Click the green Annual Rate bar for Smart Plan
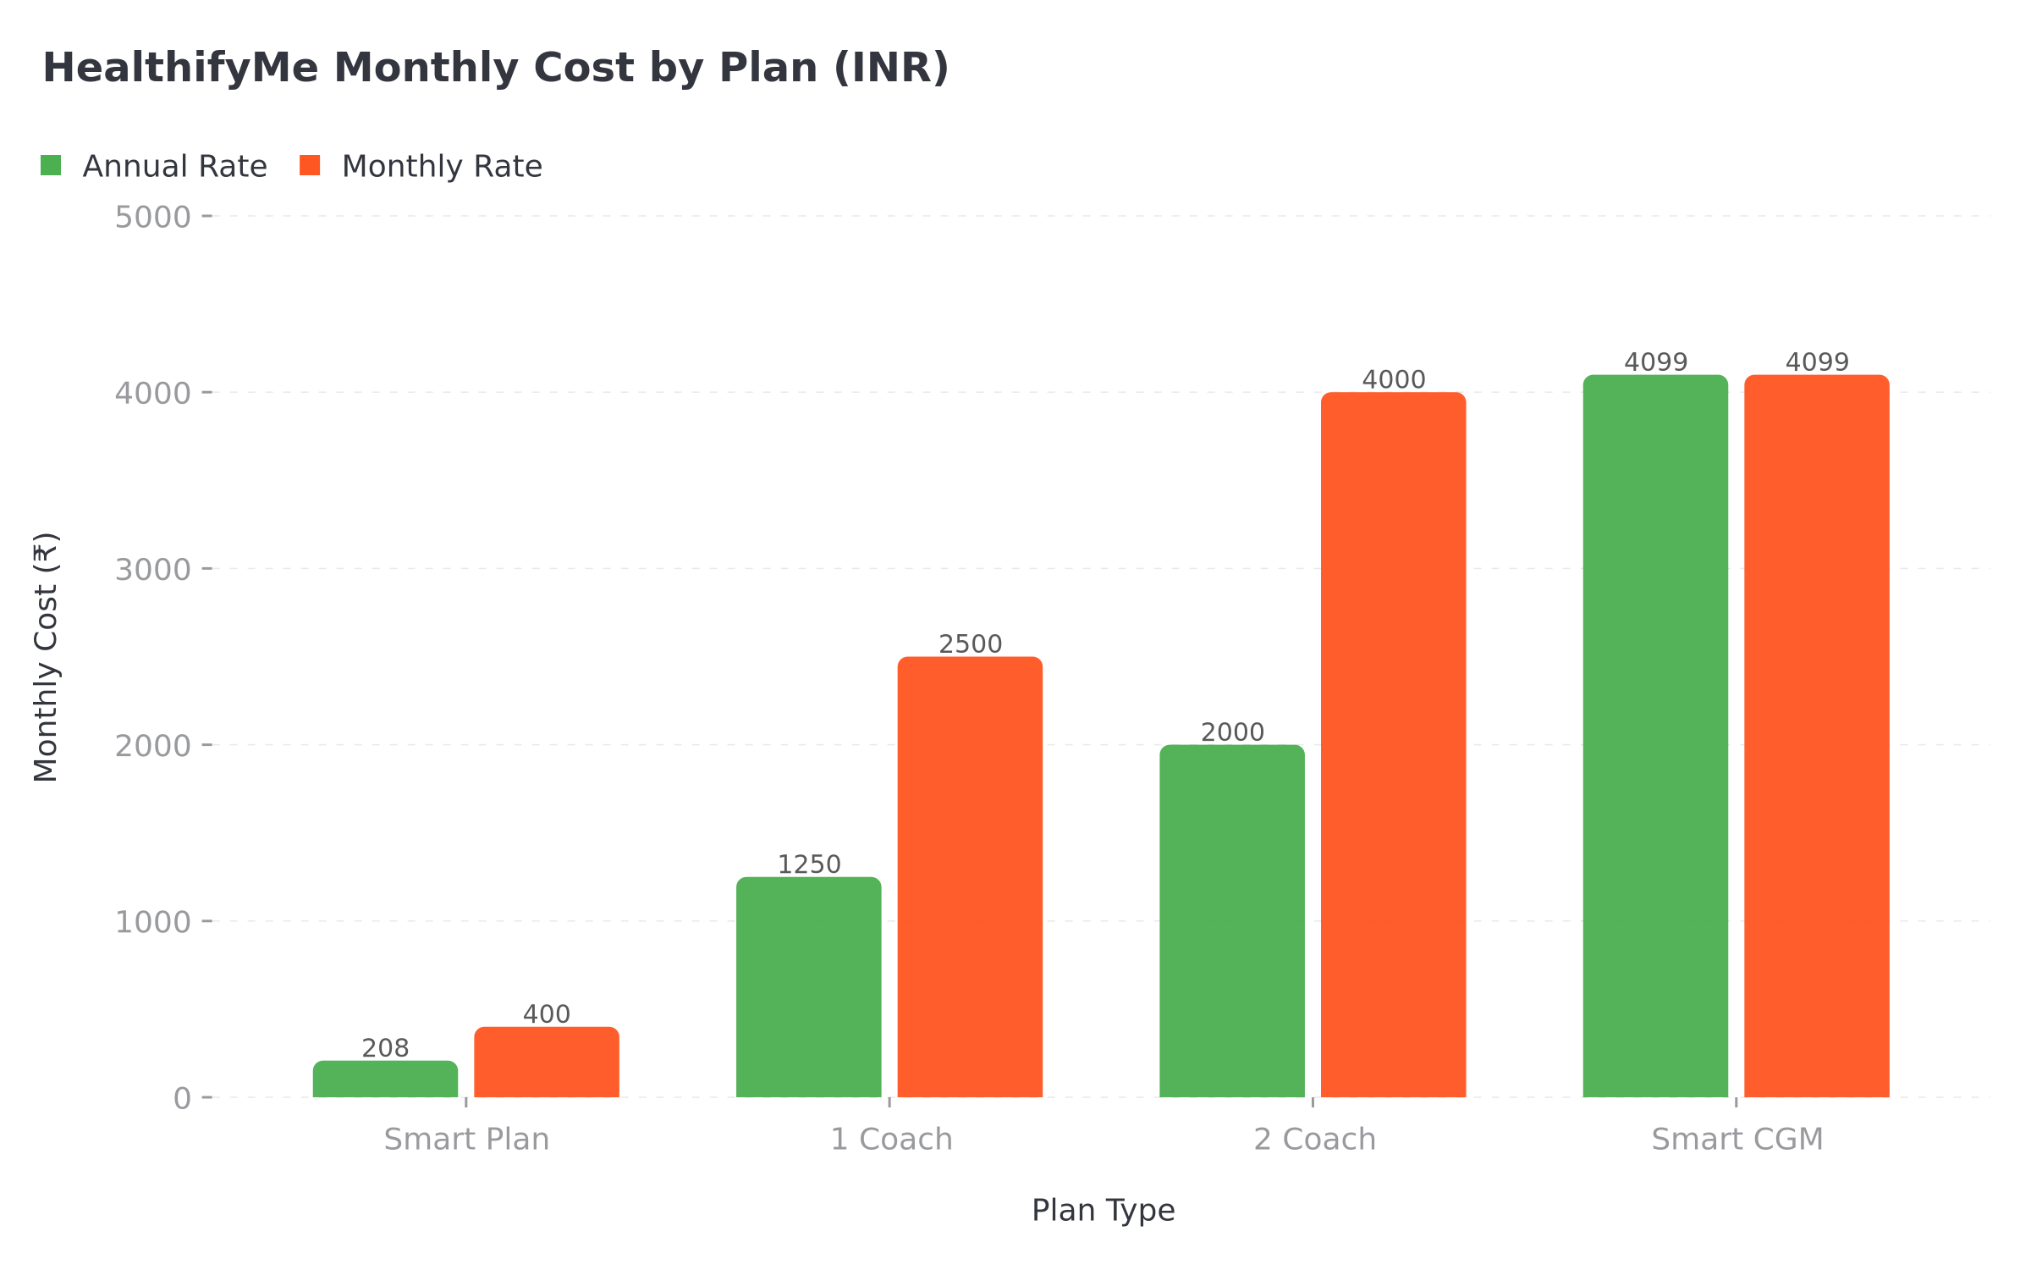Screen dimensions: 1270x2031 pyautogui.click(x=385, y=1079)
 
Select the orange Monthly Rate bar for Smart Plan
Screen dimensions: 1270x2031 pyautogui.click(x=547, y=1063)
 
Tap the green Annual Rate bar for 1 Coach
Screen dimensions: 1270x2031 pyautogui.click(x=808, y=987)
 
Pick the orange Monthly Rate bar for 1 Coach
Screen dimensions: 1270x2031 pyautogui.click(x=970, y=877)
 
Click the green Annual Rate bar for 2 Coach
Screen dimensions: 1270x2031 pyautogui.click(x=1232, y=921)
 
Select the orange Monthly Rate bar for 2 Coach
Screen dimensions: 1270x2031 pyautogui.click(x=1393, y=745)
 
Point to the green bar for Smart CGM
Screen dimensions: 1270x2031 pyautogui.click(x=1655, y=737)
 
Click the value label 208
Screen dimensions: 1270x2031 pyautogui.click(x=385, y=1048)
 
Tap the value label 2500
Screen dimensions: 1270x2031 pyautogui.click(x=970, y=644)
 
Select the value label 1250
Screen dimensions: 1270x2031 pyautogui.click(x=808, y=864)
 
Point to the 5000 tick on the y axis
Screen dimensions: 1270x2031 pyautogui.click(x=153, y=217)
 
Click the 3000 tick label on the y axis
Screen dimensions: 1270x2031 pyautogui.click(x=153, y=569)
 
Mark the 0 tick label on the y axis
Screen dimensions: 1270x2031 pyautogui.click(x=182, y=1098)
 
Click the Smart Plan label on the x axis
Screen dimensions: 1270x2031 pyautogui.click(x=466, y=1140)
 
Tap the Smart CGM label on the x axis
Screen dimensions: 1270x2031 pyautogui.click(x=1737, y=1140)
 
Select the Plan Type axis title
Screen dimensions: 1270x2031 pyautogui.click(x=1103, y=1210)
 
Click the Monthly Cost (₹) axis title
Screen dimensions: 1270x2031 pyautogui.click(x=46, y=657)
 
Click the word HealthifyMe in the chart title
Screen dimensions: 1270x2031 pyautogui.click(x=180, y=68)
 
